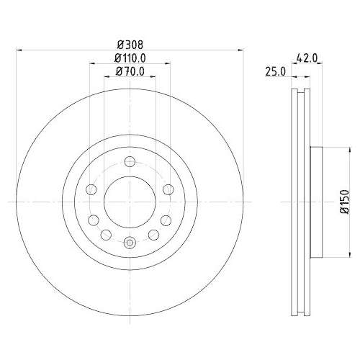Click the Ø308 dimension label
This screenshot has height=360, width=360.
(x=129, y=43)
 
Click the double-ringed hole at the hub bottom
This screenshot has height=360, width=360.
(x=130, y=243)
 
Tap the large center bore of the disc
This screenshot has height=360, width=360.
(x=130, y=202)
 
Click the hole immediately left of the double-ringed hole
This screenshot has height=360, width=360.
(x=105, y=233)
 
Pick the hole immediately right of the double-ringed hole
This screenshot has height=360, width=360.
(x=154, y=233)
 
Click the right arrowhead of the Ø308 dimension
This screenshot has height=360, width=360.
(x=240, y=50)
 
